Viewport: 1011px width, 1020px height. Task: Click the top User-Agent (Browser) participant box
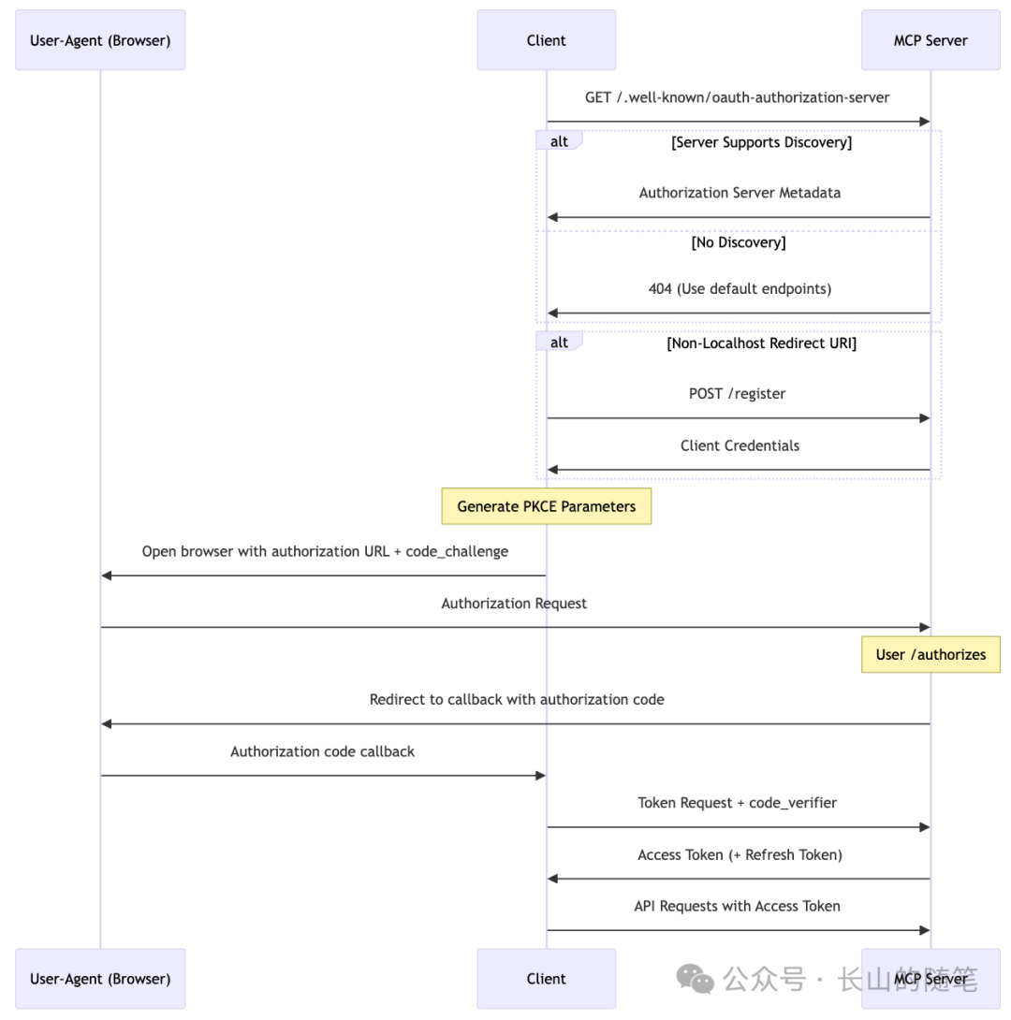[x=100, y=40]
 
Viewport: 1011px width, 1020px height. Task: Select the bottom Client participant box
[x=546, y=979]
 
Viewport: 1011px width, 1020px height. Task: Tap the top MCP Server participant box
[x=930, y=40]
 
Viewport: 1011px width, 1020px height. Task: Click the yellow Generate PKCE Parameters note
[x=546, y=506]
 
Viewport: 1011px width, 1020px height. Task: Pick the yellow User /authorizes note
[x=930, y=654]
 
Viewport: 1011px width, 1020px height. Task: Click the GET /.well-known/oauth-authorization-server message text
[x=738, y=97]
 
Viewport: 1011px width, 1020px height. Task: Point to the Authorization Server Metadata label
[x=740, y=193]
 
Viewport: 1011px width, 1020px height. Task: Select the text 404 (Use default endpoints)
[x=740, y=288]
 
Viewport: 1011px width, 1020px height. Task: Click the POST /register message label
[x=738, y=394]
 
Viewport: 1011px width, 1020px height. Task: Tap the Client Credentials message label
[x=740, y=445]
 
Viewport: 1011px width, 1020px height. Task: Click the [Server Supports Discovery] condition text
[x=761, y=143]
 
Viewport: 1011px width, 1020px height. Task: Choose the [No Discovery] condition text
[x=739, y=242]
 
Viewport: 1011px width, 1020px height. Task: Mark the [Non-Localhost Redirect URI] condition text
[x=761, y=343]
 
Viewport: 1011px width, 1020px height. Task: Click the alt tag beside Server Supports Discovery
[x=559, y=141]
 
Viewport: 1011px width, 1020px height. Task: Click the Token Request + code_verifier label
[x=738, y=803]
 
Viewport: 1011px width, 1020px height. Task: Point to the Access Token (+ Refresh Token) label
[x=740, y=854]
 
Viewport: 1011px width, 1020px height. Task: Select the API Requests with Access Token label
[x=738, y=906]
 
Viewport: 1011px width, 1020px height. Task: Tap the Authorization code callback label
[x=322, y=751]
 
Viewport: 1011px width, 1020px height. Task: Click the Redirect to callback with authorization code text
[x=517, y=699]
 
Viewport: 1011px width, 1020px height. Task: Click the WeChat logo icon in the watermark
[x=696, y=979]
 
